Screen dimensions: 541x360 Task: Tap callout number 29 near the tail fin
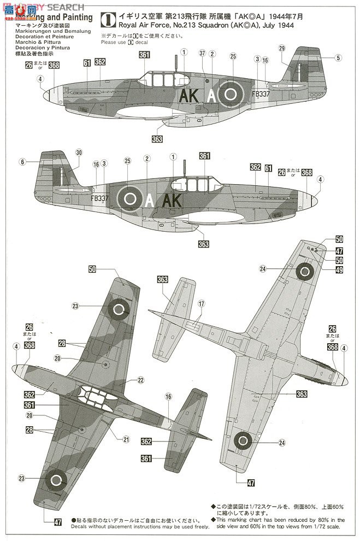pyautogui.click(x=282, y=49)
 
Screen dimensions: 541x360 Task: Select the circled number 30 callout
pyautogui.click(x=79, y=152)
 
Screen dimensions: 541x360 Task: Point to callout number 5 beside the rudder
pyautogui.click(x=338, y=57)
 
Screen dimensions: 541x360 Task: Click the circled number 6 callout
pyautogui.click(x=22, y=162)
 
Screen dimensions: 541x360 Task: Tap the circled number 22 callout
pyautogui.click(x=140, y=380)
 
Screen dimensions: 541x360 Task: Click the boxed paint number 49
pyautogui.click(x=339, y=269)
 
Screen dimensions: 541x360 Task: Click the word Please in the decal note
pyautogui.click(x=109, y=42)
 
